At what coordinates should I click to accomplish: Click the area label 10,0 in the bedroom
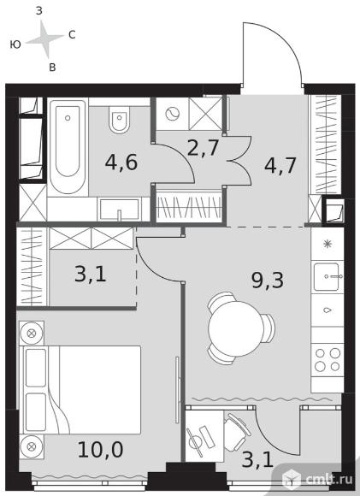pos(100,450)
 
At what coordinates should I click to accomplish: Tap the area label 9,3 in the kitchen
pos(268,280)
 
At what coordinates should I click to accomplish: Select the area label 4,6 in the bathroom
pos(121,162)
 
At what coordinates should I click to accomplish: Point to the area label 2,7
pos(203,148)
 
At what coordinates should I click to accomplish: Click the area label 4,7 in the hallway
pos(280,165)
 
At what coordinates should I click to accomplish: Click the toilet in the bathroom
pos(119,120)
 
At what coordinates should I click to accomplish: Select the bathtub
pos(68,147)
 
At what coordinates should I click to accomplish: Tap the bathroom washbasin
pos(119,210)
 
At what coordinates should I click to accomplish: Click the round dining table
pos(236,328)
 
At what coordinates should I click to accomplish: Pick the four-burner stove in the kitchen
pos(328,360)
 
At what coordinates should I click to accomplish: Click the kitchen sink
pos(328,277)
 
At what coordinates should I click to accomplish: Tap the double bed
pos(80,390)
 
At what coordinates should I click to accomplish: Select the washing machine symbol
pos(173,114)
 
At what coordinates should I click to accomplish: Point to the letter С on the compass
pos(72,34)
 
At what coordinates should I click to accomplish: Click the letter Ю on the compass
pos(15,44)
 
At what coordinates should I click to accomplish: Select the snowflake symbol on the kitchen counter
pos(328,244)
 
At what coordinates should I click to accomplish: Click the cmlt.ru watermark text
pos(329,480)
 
